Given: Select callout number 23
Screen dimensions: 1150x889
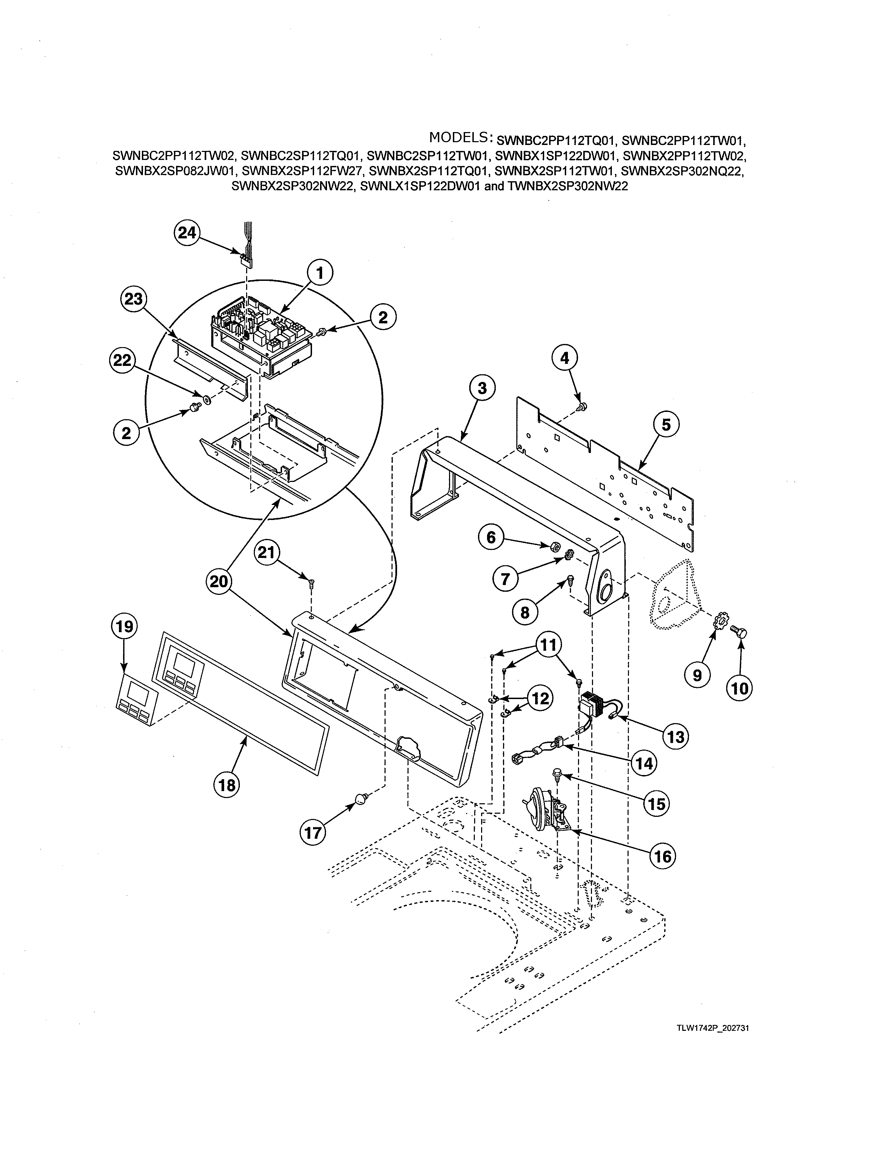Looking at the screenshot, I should pyautogui.click(x=134, y=299).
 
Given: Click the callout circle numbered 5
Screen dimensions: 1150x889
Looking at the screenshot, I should pyautogui.click(x=666, y=424).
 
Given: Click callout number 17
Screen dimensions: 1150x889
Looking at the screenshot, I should pyautogui.click(x=313, y=833).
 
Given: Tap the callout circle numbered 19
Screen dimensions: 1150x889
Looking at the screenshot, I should pyautogui.click(x=124, y=627).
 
